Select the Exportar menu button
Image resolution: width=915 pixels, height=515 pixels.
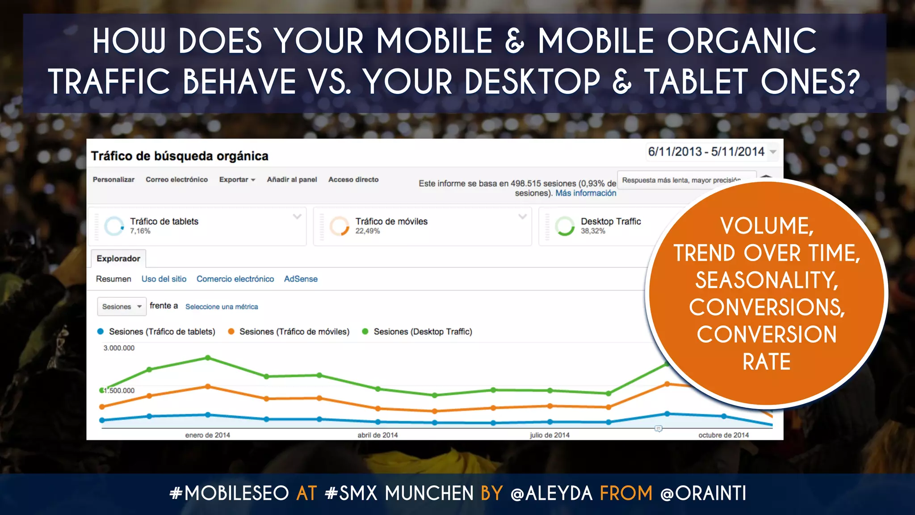tap(237, 179)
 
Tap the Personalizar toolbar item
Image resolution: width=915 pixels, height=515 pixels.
tap(113, 179)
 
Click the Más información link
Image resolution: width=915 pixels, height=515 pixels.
tap(586, 193)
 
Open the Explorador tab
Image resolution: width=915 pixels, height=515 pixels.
tap(118, 258)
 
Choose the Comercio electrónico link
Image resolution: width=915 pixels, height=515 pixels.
tap(235, 279)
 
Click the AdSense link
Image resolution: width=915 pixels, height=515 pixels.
tap(301, 279)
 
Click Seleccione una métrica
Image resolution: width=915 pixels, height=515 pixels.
tap(222, 307)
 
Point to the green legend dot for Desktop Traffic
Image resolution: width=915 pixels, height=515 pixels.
tap(365, 332)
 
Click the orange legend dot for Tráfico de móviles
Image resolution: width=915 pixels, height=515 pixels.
tap(231, 332)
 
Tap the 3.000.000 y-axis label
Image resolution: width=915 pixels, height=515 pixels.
tap(119, 348)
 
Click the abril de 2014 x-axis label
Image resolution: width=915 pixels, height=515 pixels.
tap(378, 435)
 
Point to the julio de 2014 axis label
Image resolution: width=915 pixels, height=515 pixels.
tap(550, 435)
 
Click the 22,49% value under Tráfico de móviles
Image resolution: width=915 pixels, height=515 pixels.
tap(368, 231)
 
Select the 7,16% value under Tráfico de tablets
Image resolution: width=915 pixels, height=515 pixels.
tap(140, 231)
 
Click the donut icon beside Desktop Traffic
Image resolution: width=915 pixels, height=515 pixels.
tap(565, 226)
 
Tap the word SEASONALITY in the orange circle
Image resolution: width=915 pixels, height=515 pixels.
tap(767, 280)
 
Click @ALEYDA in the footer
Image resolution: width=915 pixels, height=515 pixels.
tap(551, 494)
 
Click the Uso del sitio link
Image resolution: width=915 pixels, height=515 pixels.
tap(164, 279)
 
